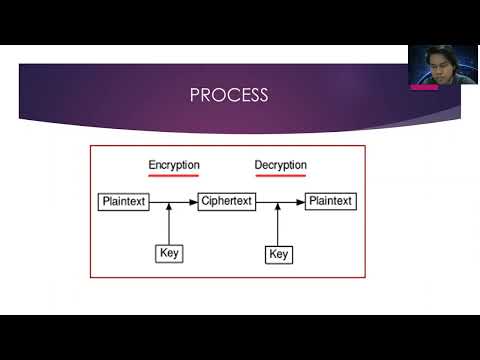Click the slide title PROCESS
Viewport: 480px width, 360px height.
click(x=229, y=95)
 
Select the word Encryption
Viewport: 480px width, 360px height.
click(x=174, y=165)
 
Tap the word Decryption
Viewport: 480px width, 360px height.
click(x=281, y=165)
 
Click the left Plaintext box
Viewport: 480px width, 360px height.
click(x=124, y=201)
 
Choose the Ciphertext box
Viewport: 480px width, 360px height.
click(x=227, y=201)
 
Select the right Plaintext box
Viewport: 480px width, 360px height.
click(x=330, y=201)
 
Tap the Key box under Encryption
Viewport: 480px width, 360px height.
click(x=169, y=253)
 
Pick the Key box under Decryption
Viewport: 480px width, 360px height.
click(x=279, y=254)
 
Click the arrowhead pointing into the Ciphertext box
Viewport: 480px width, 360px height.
click(x=194, y=201)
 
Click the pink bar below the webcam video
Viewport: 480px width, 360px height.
click(x=424, y=86)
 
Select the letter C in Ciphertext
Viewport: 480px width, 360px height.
click(x=205, y=201)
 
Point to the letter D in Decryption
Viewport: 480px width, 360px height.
click(x=259, y=165)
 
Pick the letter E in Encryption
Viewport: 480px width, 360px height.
click(x=152, y=165)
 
